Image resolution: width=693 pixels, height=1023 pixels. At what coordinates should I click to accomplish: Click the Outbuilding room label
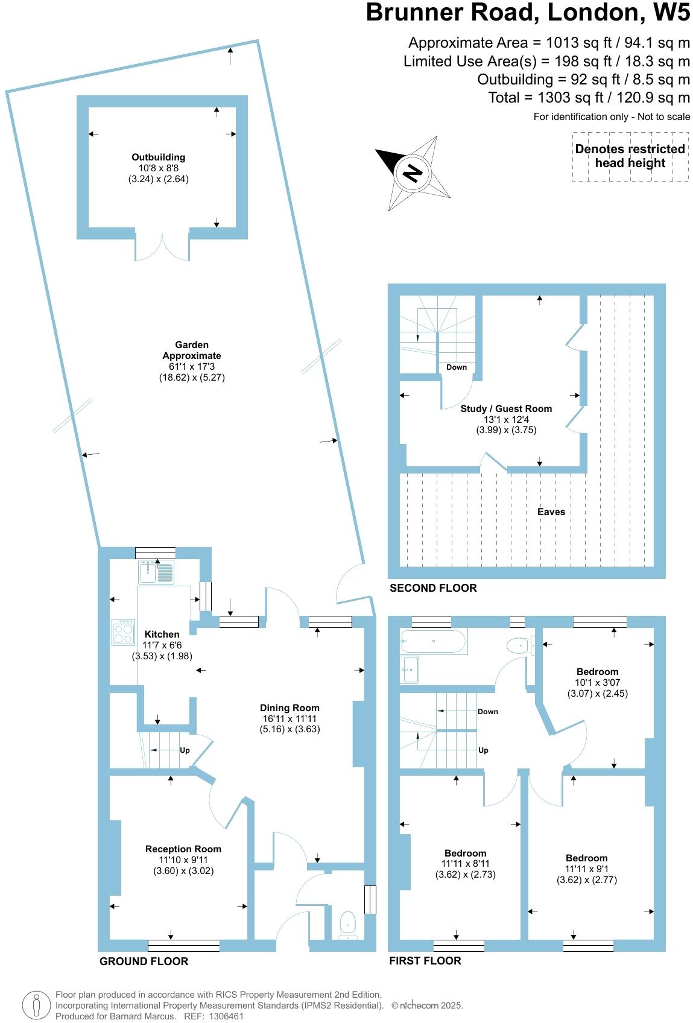pyautogui.click(x=159, y=157)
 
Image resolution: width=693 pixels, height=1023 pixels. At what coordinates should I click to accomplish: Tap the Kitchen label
pyautogui.click(x=162, y=634)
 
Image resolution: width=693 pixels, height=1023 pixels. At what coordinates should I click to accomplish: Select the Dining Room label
pyautogui.click(x=290, y=708)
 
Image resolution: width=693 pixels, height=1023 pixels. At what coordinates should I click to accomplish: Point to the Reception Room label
pyautogui.click(x=183, y=849)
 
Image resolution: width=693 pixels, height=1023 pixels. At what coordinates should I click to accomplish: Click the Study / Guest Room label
pyautogui.click(x=506, y=408)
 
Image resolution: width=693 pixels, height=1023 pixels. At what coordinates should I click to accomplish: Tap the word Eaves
pyautogui.click(x=551, y=511)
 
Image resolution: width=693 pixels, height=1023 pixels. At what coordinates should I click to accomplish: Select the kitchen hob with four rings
pyautogui.click(x=123, y=632)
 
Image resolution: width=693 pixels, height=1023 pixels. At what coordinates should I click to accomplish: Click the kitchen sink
pyautogui.click(x=156, y=572)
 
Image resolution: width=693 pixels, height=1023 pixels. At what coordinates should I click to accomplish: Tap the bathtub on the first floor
pyautogui.click(x=434, y=641)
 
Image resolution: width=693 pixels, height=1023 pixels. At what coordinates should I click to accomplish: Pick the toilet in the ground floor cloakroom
pyautogui.click(x=348, y=925)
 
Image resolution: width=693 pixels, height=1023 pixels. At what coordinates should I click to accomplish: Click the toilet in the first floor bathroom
pyautogui.click(x=521, y=645)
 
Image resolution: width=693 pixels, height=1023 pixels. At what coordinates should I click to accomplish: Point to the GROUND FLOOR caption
pyautogui.click(x=144, y=961)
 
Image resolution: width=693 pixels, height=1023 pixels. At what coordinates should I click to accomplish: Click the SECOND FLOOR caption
pyautogui.click(x=433, y=588)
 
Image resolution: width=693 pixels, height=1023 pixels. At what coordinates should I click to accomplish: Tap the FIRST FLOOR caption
pyautogui.click(x=425, y=960)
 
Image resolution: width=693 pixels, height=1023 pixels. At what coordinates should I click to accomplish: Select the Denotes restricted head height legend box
pyautogui.click(x=630, y=157)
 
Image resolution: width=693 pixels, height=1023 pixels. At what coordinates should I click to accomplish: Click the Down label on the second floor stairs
pyautogui.click(x=457, y=367)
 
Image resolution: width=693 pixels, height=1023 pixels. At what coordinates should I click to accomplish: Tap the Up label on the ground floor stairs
pyautogui.click(x=185, y=750)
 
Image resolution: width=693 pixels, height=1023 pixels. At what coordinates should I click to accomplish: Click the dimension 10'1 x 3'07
pyautogui.click(x=597, y=682)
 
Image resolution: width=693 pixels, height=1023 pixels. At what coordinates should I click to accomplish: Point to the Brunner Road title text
pyautogui.click(x=528, y=12)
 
